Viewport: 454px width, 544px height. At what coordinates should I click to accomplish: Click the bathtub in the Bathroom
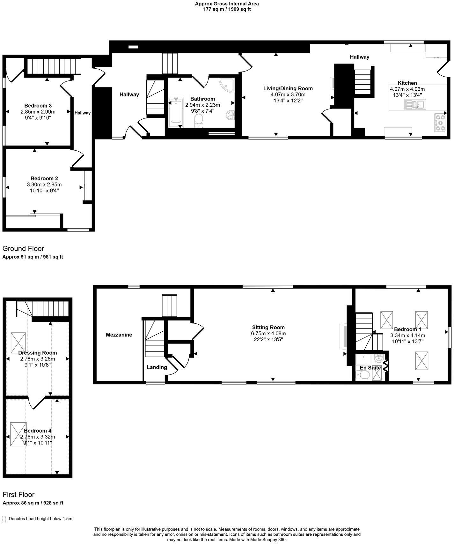[176, 112]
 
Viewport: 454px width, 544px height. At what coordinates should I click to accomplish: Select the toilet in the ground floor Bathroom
[199, 121]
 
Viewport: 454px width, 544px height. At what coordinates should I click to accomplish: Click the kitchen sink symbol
[415, 104]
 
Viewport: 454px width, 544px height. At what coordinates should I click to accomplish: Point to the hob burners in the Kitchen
[441, 122]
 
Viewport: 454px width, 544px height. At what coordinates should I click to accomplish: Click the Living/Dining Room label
[288, 88]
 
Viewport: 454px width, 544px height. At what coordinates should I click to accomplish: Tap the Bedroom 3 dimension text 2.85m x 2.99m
[38, 112]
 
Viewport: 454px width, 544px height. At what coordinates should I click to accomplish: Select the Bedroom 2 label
[44, 178]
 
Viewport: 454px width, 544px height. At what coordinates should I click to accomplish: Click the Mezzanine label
[119, 335]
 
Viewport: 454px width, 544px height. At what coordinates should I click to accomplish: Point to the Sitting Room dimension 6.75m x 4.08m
[268, 334]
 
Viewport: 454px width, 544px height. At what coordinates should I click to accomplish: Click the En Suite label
[370, 368]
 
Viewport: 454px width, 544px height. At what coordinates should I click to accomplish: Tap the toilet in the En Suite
[362, 377]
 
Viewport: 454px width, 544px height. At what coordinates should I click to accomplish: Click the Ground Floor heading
[23, 248]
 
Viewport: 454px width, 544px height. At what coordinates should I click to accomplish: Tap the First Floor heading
[18, 495]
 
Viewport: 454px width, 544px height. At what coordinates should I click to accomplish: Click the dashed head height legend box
[4, 519]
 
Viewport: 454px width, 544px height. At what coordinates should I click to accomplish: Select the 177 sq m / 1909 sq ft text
[227, 9]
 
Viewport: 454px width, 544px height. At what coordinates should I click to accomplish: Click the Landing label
[157, 367]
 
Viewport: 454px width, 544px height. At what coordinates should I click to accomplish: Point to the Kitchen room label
[407, 83]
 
